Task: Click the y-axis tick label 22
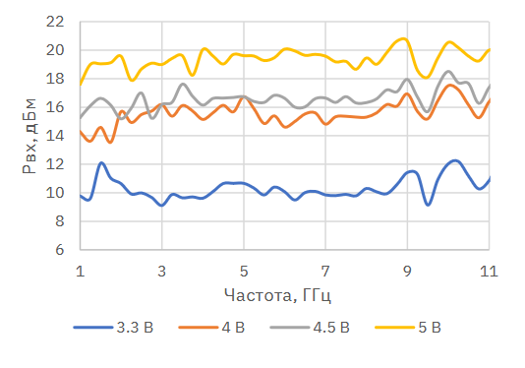(x=55, y=22)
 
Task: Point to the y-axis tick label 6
(x=59, y=250)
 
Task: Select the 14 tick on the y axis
(x=55, y=136)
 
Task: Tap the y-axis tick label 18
(x=55, y=79)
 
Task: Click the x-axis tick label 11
(x=489, y=271)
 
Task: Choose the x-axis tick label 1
(x=80, y=271)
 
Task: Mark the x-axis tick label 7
(x=325, y=271)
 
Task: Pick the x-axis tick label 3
(x=161, y=271)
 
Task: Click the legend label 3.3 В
(x=135, y=327)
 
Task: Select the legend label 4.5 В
(x=331, y=327)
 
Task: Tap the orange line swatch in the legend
(x=199, y=327)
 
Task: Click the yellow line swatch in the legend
(x=395, y=327)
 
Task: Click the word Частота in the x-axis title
(x=258, y=295)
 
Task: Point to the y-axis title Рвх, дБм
(x=29, y=136)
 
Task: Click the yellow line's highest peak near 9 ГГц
(x=404, y=39)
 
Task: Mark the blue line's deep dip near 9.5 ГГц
(x=428, y=204)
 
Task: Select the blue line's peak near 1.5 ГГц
(x=101, y=163)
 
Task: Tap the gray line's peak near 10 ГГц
(x=448, y=72)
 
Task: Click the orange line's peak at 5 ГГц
(x=244, y=97)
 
